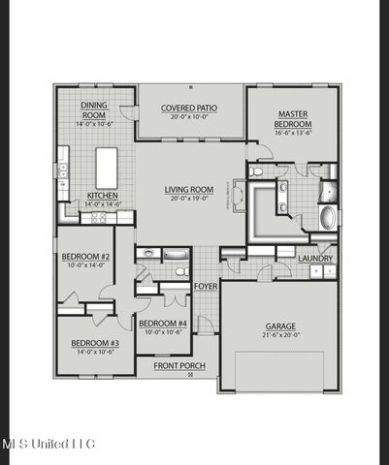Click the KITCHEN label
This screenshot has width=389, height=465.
[102, 195]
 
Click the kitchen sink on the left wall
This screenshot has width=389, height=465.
[61, 170]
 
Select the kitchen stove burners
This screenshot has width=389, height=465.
[97, 219]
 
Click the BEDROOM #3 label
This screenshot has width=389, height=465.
[94, 344]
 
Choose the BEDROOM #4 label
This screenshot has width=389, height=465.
[162, 324]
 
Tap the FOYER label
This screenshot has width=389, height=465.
[205, 287]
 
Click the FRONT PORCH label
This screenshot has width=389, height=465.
[181, 365]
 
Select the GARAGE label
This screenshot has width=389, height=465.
[280, 326]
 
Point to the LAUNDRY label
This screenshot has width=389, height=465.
[315, 259]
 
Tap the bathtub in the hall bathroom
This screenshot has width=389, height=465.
[176, 255]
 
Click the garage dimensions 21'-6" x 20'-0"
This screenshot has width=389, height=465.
[280, 336]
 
